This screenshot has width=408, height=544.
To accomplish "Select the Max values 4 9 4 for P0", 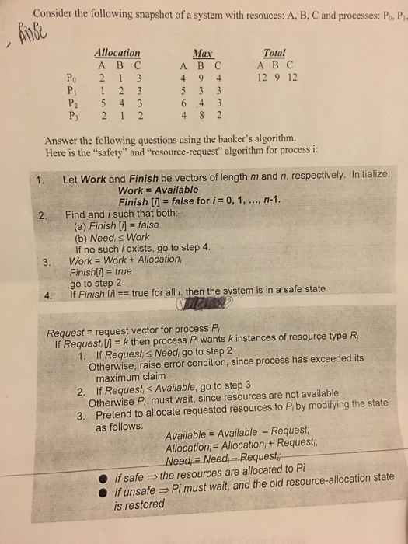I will (201, 77).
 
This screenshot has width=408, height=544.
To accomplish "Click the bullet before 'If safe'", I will (103, 476).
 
